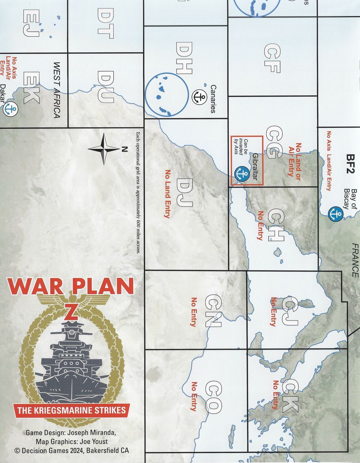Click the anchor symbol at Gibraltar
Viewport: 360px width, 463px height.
click(242, 173)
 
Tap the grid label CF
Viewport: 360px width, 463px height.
click(273, 59)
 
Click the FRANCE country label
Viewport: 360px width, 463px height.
click(355, 260)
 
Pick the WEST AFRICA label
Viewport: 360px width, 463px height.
click(57, 90)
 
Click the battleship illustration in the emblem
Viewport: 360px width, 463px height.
click(72, 363)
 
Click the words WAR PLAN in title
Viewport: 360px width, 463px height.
click(70, 286)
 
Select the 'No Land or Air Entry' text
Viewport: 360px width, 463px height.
click(294, 159)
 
